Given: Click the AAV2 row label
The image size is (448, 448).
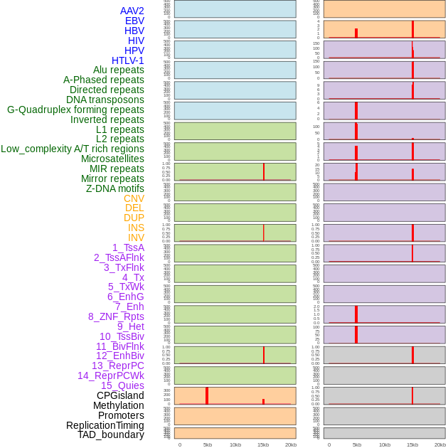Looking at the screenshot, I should coord(132,11).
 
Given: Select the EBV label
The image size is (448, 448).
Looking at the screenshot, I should coord(134,21).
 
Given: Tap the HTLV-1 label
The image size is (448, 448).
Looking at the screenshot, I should coord(127,60).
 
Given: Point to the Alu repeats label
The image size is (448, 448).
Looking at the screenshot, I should coord(118,70).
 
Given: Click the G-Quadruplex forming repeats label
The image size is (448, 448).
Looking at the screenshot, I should coord(75,110).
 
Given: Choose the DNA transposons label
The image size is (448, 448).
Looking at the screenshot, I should coord(105,100).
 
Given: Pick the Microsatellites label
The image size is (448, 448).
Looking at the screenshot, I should coord(112,159).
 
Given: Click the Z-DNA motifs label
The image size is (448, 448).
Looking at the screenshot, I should coord(114,188).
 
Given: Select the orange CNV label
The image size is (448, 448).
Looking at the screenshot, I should coord(134,198).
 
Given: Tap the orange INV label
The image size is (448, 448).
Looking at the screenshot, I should coord(136,238).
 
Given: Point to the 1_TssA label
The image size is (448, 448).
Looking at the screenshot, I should coord(128,247).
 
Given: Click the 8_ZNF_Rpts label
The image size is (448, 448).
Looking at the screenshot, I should coord(116,316).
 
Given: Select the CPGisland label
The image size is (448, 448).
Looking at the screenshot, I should coord(120,395).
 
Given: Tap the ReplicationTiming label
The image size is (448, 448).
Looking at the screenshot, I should coord(105,425).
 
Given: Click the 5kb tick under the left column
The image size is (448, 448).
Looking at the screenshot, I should coord(208,444).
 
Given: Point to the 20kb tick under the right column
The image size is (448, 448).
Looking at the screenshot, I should coord(440,444).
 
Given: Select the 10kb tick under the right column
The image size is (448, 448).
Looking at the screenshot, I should coord(385,444).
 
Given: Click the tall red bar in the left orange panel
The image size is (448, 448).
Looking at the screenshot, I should coord(207,395).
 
